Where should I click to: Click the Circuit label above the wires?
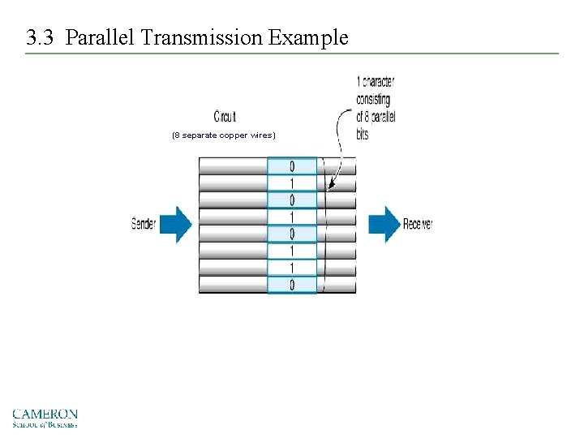click(225, 117)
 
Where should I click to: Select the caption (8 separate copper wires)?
click(224, 135)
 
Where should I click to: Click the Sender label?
click(143, 224)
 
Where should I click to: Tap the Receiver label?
click(418, 224)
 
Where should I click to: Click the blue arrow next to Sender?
click(175, 224)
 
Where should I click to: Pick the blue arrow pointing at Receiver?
click(384, 224)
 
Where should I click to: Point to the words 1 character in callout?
click(376, 82)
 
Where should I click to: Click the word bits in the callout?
click(363, 135)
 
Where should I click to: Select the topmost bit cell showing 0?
click(292, 166)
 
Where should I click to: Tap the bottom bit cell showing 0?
click(292, 285)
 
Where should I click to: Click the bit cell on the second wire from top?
click(292, 183)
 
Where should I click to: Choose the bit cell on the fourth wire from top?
click(292, 217)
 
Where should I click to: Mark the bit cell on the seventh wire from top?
click(292, 268)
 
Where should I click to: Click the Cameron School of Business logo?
click(45, 418)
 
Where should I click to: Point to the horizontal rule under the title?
click(292, 54)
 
